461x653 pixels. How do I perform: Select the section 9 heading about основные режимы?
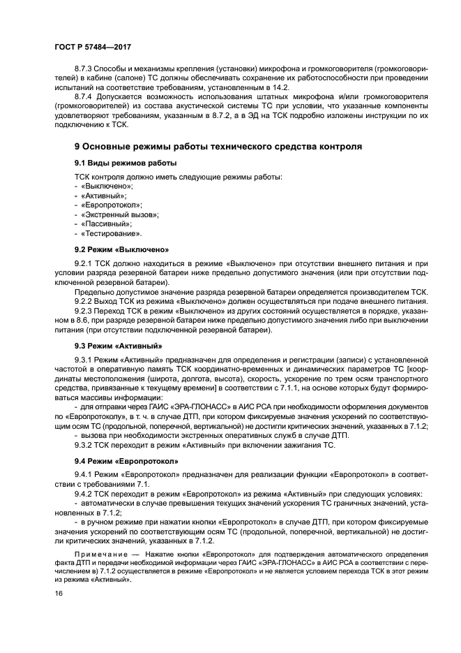pyautogui.click(x=218, y=147)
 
